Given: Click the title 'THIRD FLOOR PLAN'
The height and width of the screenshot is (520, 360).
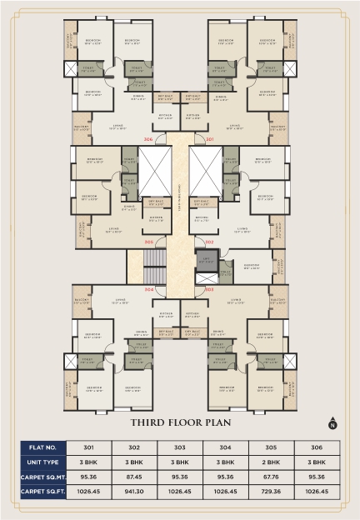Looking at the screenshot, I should click(x=180, y=422).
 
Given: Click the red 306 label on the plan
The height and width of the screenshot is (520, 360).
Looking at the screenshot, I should click(x=148, y=139).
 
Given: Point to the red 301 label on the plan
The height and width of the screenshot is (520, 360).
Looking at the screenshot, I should click(x=209, y=139).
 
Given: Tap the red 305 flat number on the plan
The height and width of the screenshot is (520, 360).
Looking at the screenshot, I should click(x=148, y=242).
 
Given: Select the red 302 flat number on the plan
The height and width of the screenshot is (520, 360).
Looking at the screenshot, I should click(x=209, y=242).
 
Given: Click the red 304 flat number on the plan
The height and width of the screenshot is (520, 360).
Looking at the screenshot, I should click(x=148, y=289).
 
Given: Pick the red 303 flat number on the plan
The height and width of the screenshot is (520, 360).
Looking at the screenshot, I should click(x=209, y=289).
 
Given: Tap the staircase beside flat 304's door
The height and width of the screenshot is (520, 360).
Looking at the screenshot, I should click(x=152, y=271).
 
